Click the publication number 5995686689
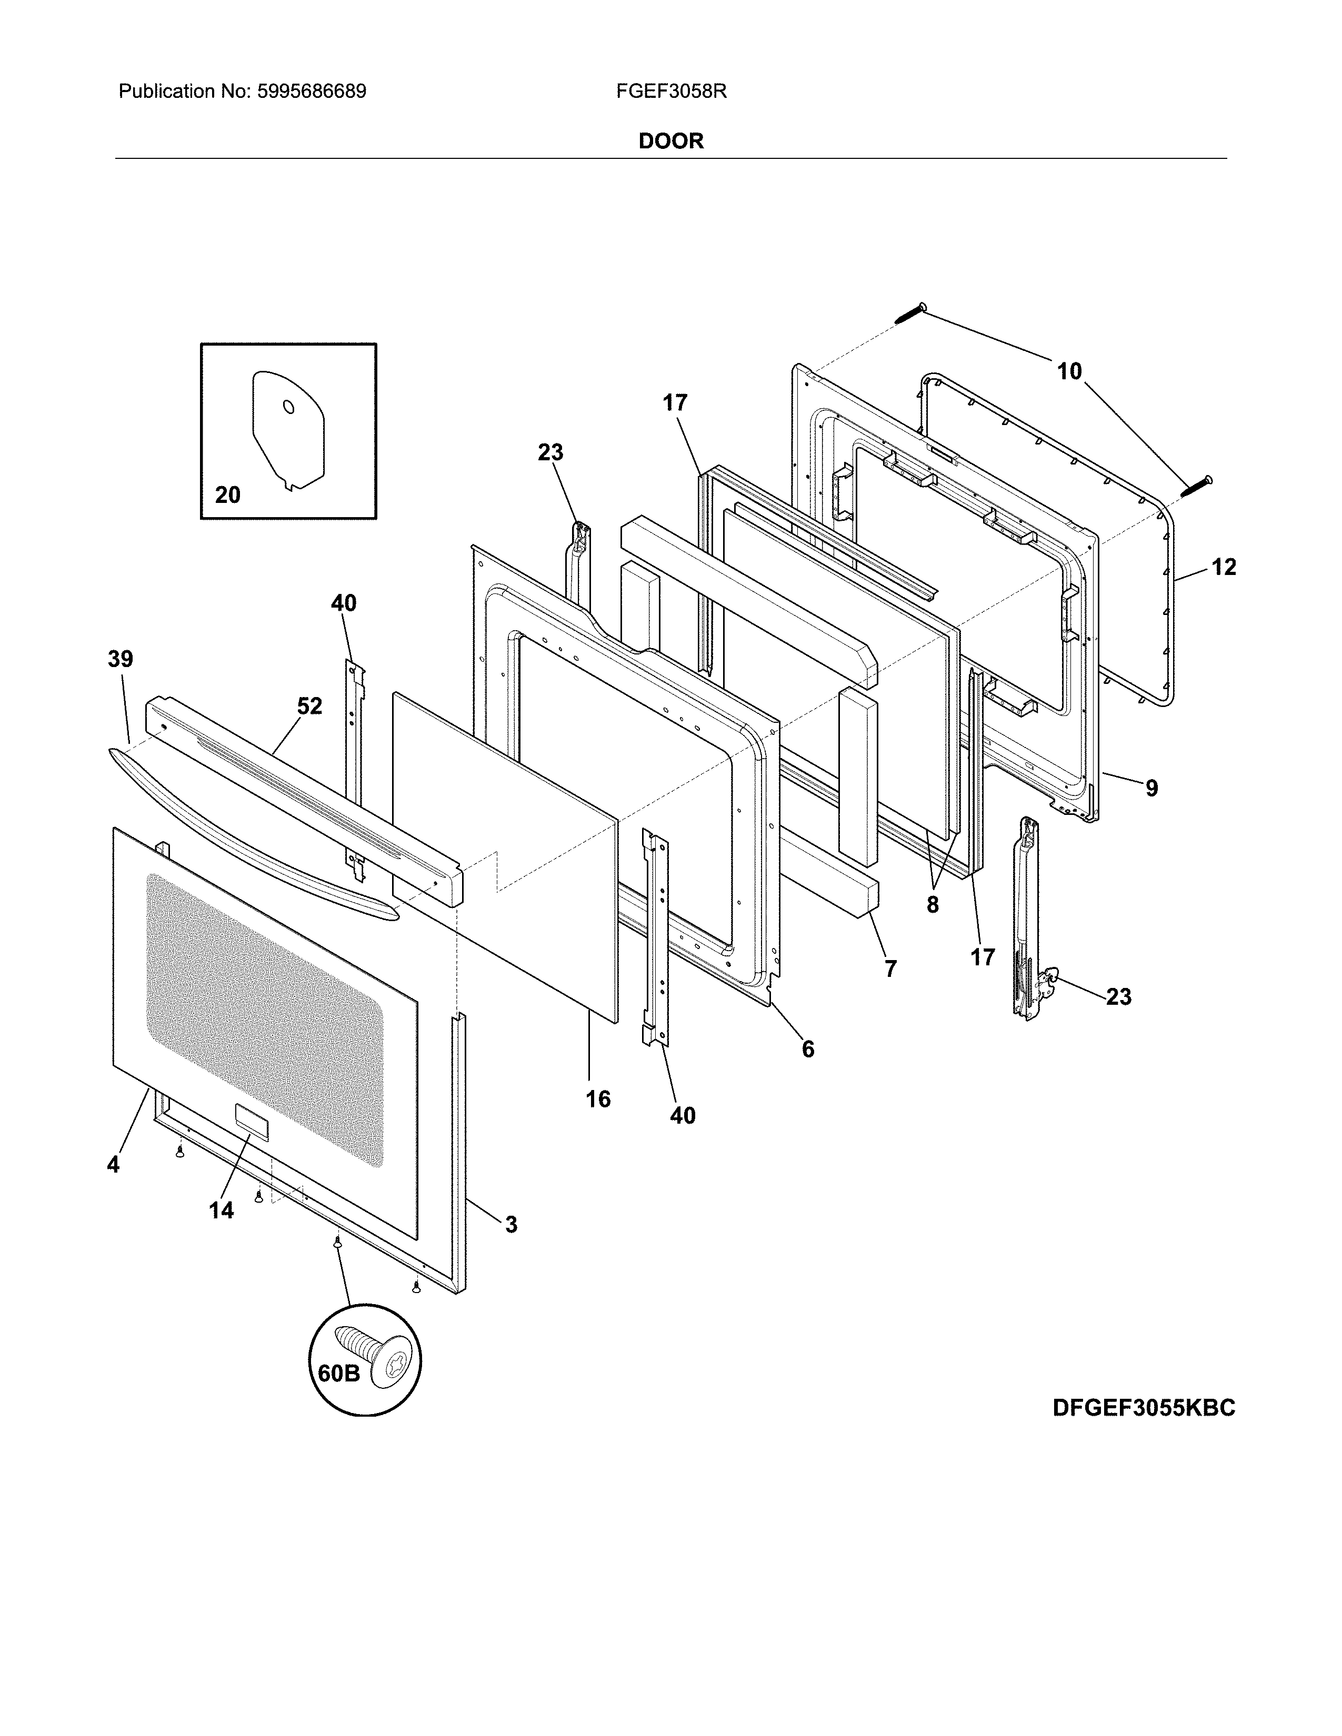click(311, 92)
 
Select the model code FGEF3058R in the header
click(671, 92)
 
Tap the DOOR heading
click(671, 142)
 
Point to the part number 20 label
click(227, 495)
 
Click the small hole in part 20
click(288, 407)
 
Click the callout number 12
click(1224, 568)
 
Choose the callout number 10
click(1069, 371)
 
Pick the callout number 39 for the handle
click(121, 659)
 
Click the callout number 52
click(309, 706)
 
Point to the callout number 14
click(221, 1210)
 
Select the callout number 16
click(598, 1099)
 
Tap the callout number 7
click(890, 969)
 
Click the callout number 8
click(933, 905)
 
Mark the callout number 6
click(808, 1049)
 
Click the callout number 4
click(113, 1165)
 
